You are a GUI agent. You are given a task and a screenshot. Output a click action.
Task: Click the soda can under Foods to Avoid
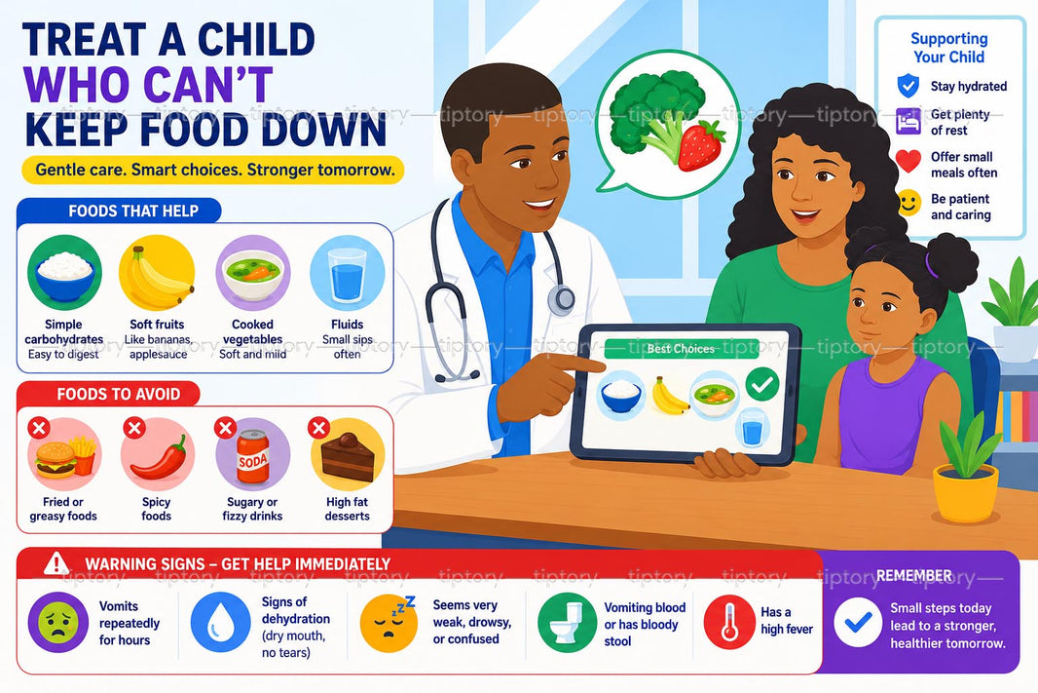click(253, 454)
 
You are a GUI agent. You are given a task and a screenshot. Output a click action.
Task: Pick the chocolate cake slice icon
click(349, 457)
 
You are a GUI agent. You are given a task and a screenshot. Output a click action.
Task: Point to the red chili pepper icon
click(159, 457)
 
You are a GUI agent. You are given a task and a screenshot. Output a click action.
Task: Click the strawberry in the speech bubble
click(701, 146)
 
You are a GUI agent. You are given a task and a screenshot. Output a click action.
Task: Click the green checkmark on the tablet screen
click(762, 384)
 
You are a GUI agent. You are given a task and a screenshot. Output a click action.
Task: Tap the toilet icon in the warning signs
click(568, 623)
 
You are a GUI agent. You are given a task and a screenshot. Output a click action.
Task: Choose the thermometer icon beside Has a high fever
click(729, 622)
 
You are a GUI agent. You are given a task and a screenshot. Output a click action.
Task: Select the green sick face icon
click(58, 622)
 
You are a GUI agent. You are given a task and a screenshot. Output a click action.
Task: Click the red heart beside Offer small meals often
click(908, 161)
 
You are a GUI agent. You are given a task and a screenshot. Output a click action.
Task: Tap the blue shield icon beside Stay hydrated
click(908, 86)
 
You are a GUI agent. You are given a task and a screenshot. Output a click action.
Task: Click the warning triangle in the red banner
click(56, 563)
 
